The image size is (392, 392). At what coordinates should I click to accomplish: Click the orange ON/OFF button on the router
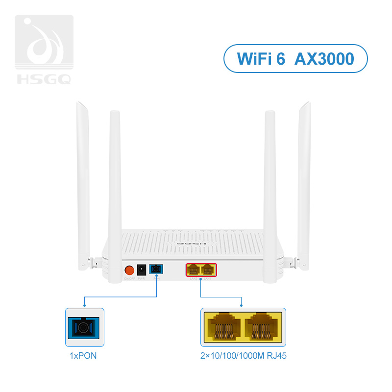coord(129,270)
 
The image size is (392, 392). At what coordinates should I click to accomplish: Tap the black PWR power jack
coord(142,269)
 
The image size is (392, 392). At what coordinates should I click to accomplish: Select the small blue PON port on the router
coord(156,269)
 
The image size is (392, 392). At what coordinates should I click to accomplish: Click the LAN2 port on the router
coord(194,269)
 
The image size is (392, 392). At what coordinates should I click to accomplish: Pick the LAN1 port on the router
coord(208,269)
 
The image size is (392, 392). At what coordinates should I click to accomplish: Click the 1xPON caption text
coord(83,356)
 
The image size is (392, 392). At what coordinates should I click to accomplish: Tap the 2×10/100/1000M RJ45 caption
coord(244,356)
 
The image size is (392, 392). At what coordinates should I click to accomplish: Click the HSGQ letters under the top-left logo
coord(44,78)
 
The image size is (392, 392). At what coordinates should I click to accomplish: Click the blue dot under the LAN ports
coord(201,279)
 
